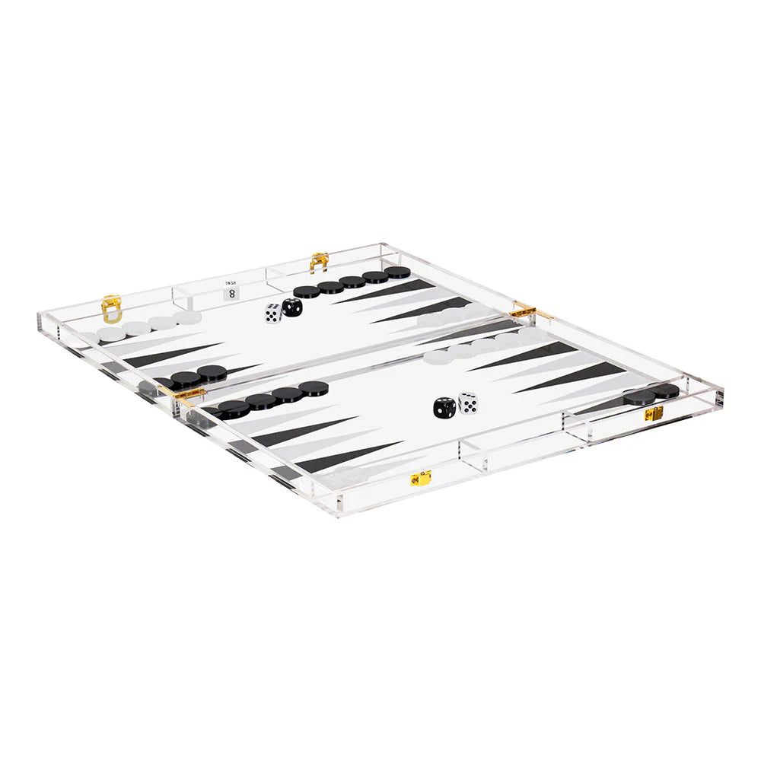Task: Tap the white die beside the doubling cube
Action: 272,314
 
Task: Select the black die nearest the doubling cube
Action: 291,308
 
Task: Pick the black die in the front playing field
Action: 444,407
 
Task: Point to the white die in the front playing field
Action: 468,403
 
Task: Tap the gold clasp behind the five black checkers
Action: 319,261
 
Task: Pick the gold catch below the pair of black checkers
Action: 654,412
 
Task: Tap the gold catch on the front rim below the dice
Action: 421,478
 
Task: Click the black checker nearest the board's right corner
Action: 667,390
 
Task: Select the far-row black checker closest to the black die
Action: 307,291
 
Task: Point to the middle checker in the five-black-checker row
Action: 352,282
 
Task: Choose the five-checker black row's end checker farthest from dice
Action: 397,272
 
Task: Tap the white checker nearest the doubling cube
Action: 186,317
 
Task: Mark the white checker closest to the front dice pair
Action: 437,356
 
